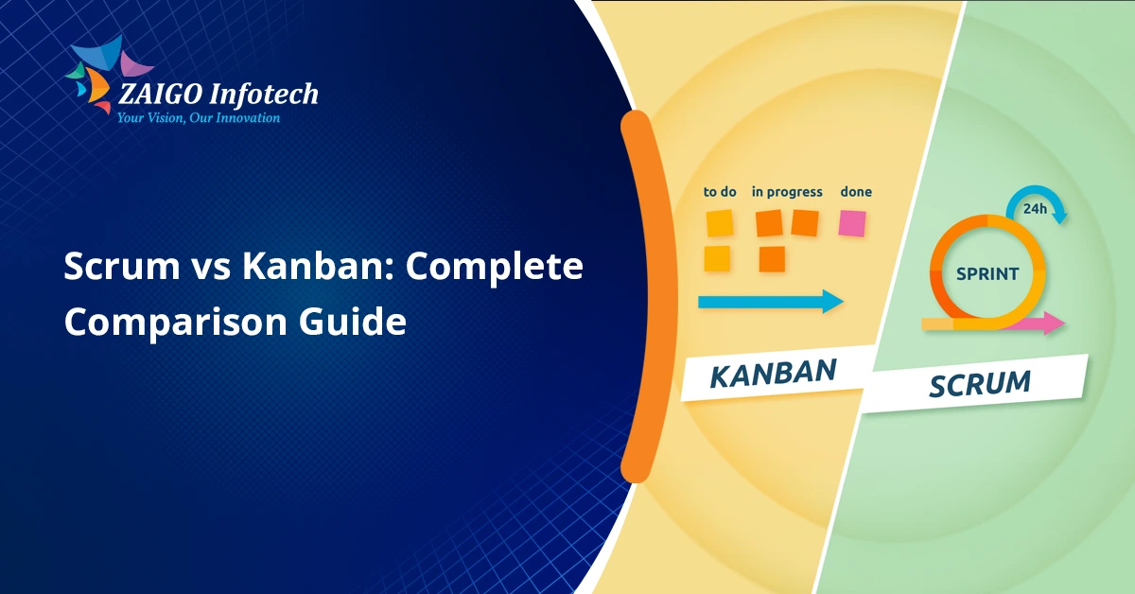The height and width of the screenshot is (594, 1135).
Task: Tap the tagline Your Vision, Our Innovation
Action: (x=198, y=118)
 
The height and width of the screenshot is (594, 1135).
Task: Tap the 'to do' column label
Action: (x=720, y=192)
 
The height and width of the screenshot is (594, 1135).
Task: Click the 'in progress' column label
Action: (x=787, y=192)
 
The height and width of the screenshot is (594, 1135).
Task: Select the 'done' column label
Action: (x=856, y=192)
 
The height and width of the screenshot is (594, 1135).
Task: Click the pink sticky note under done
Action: (x=852, y=223)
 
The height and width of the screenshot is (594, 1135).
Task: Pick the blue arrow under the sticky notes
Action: (x=770, y=302)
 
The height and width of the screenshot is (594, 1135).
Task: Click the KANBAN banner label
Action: (x=773, y=373)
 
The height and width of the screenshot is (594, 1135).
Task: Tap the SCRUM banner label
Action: (x=979, y=383)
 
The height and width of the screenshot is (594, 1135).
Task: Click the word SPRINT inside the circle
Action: (x=987, y=274)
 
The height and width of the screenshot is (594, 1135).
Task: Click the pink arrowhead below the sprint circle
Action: (x=1054, y=323)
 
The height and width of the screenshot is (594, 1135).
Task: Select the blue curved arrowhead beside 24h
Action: (x=1059, y=216)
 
